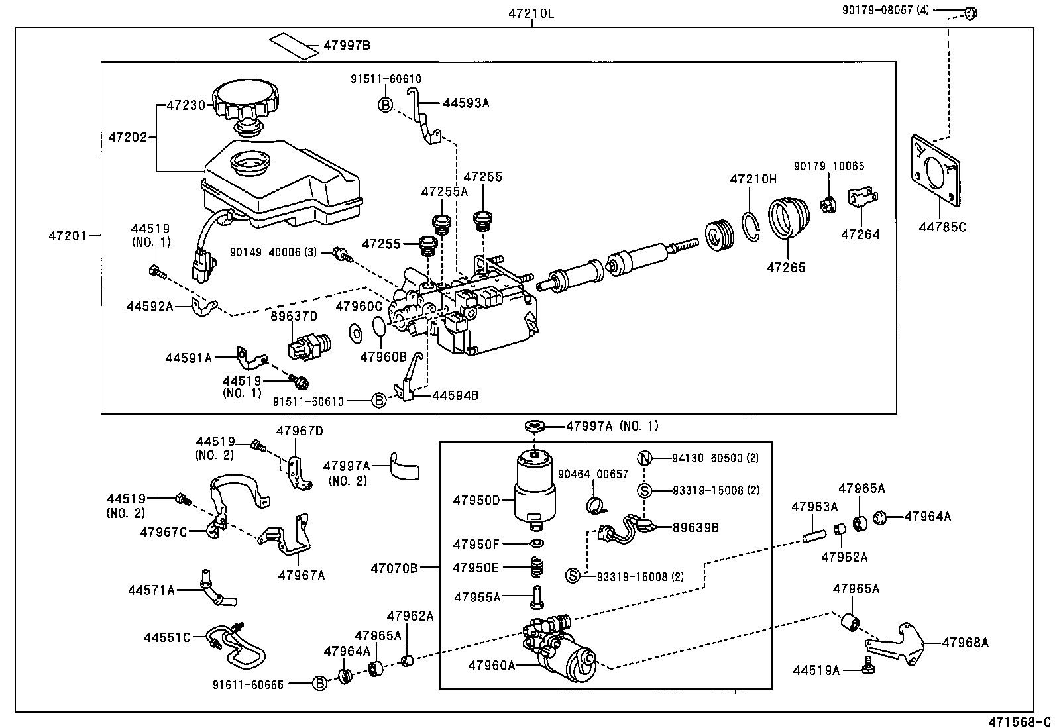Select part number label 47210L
point(531,14)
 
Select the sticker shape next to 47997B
point(294,45)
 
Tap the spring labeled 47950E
point(539,568)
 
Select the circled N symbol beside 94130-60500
point(645,458)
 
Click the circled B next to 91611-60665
point(319,684)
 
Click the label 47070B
point(394,568)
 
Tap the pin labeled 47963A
point(814,531)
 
